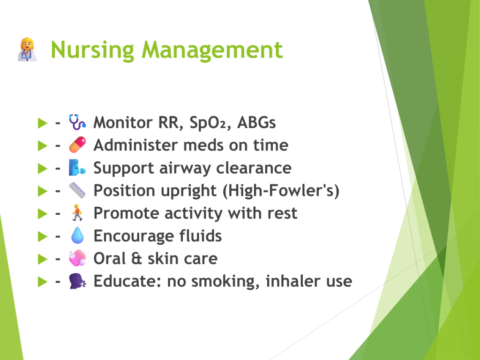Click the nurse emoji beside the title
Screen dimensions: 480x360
[x=27, y=50]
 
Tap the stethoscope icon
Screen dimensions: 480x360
[x=77, y=122]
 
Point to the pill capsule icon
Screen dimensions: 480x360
[x=77, y=145]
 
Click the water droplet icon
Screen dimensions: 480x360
[x=77, y=235]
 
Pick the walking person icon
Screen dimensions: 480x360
[x=77, y=213]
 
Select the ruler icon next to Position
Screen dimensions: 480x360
[x=77, y=190]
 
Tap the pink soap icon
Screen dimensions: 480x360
[x=77, y=258]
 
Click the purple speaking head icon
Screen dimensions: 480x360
[x=77, y=281]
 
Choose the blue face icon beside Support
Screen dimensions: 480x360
[x=77, y=167]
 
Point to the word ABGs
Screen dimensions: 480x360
[x=256, y=122]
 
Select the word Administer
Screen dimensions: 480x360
[x=135, y=145]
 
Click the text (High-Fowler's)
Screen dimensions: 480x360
[x=281, y=191]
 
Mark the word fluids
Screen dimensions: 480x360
[x=201, y=236]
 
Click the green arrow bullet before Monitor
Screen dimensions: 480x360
[x=43, y=123]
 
